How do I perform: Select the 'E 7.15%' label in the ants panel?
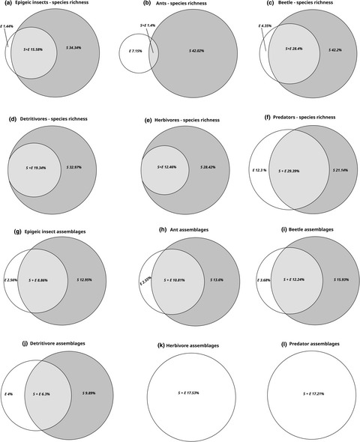[133, 55]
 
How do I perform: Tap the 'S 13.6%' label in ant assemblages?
[203, 280]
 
